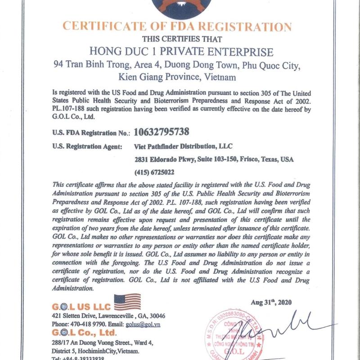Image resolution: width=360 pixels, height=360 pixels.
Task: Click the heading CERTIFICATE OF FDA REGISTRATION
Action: pyautogui.click(x=177, y=25)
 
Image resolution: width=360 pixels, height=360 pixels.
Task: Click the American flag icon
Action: pyautogui.click(x=127, y=301)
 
